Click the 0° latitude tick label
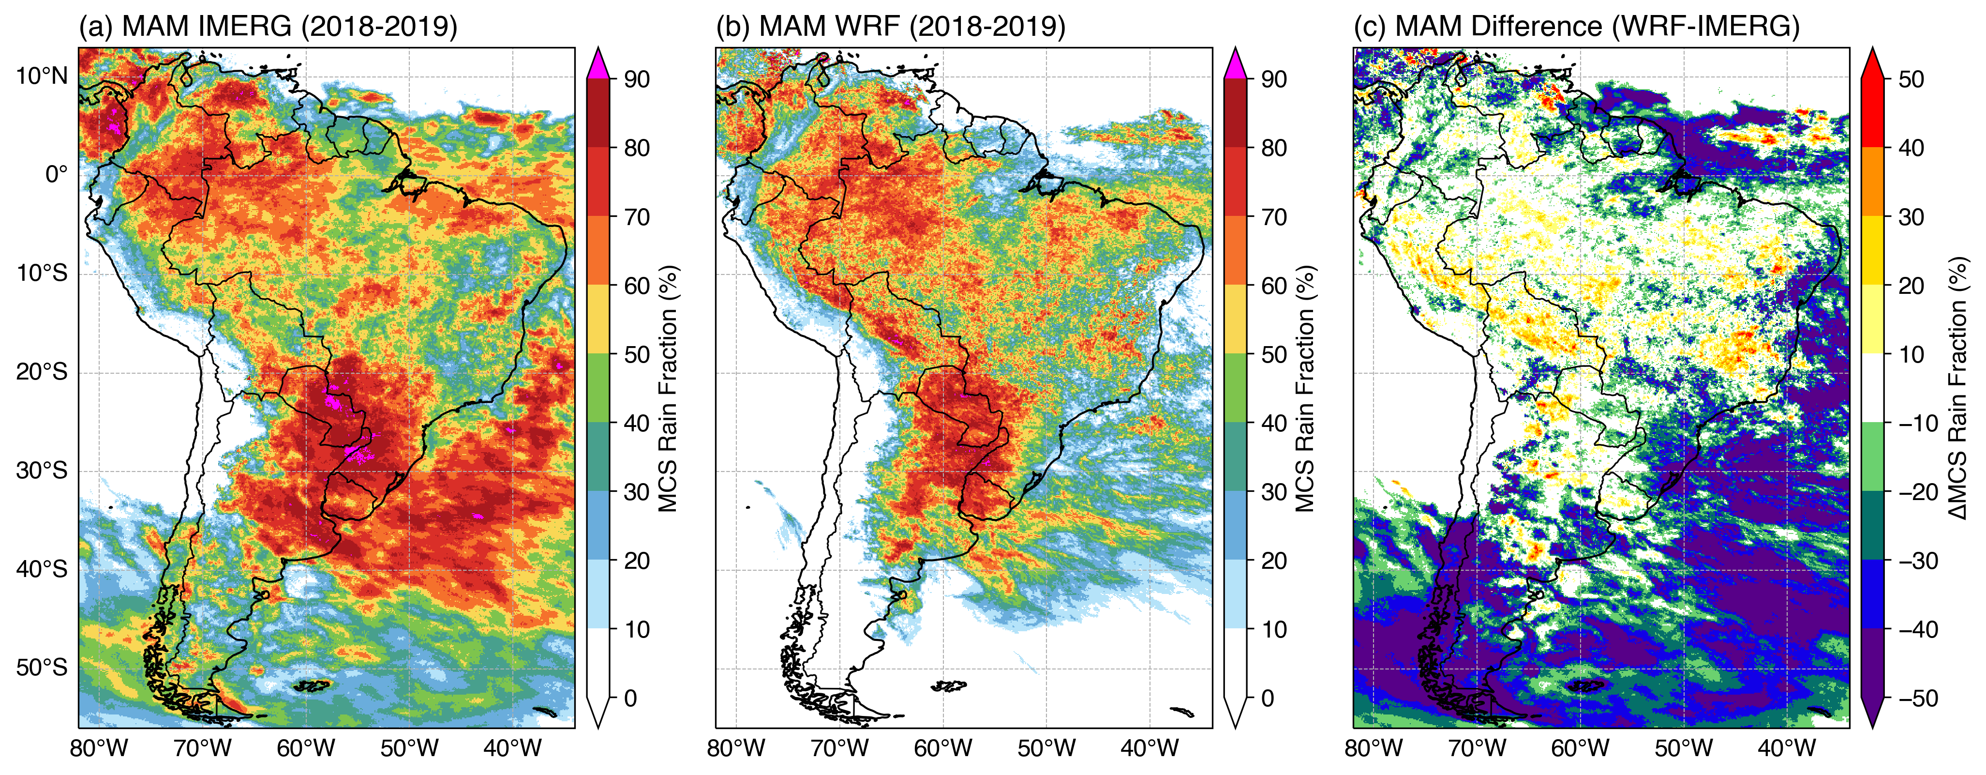tap(56, 175)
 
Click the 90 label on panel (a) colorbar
tap(637, 79)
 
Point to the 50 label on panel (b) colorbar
tap(1274, 355)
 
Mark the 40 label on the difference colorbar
tap(1911, 148)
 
